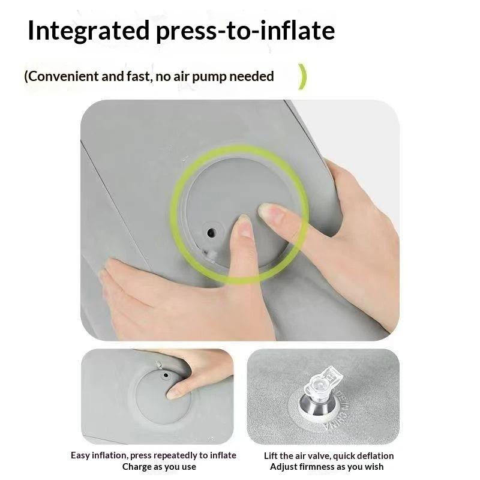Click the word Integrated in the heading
[x=88, y=31]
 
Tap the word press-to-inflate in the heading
[x=245, y=31]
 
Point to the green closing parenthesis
[x=302, y=77]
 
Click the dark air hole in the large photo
[x=211, y=233]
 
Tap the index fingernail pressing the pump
[x=245, y=226]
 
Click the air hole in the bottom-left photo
[x=166, y=375]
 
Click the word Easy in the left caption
[x=80, y=455]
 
